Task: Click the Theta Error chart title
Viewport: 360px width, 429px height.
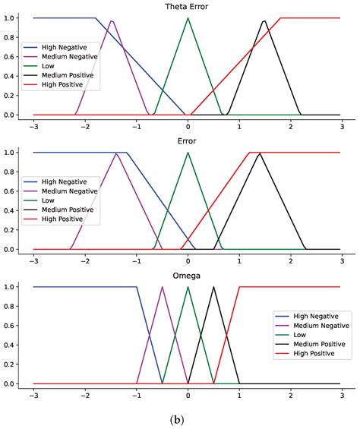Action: pos(188,7)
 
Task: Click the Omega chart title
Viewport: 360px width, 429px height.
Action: pos(188,276)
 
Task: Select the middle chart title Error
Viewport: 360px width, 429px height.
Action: pos(188,141)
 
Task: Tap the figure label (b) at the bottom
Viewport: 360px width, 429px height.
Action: pos(180,417)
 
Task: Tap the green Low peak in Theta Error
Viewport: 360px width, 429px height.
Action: pos(188,17)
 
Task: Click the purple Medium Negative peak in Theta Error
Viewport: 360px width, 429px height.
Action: pos(112,21)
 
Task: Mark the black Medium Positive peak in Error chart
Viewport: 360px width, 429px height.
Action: pos(260,153)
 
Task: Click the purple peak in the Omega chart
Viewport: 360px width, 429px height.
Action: pos(163,287)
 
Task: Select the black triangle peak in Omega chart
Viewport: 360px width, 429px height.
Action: pos(213,287)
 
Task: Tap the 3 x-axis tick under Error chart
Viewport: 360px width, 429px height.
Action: pos(342,260)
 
